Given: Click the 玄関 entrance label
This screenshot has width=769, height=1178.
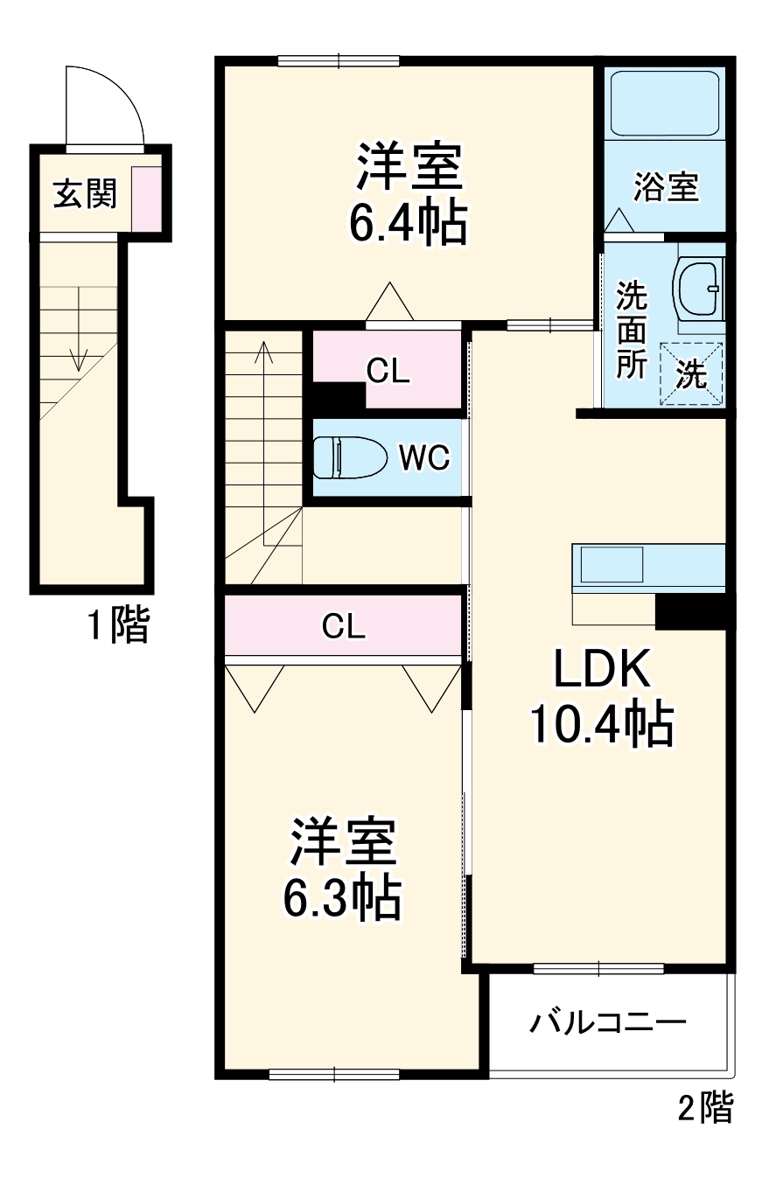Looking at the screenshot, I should pyautogui.click(x=85, y=193).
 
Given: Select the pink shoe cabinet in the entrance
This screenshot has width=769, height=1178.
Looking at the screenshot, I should pyautogui.click(x=146, y=198).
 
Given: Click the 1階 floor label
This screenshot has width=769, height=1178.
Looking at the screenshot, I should pyautogui.click(x=117, y=626).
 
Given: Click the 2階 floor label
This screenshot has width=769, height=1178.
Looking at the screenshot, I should pyautogui.click(x=704, y=1108).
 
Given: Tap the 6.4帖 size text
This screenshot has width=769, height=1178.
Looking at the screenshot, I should pyautogui.click(x=407, y=224).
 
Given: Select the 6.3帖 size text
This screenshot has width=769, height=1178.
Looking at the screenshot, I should pyautogui.click(x=342, y=895).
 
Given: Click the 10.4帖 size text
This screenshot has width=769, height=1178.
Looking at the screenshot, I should pyautogui.click(x=601, y=723).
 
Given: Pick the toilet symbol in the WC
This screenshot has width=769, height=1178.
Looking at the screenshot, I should pyautogui.click(x=349, y=457).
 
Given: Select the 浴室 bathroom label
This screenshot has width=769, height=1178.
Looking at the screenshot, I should pyautogui.click(x=666, y=187).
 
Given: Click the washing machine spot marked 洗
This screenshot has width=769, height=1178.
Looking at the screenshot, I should pyautogui.click(x=691, y=373).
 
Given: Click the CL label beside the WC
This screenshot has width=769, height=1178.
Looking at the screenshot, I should pyautogui.click(x=388, y=372).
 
